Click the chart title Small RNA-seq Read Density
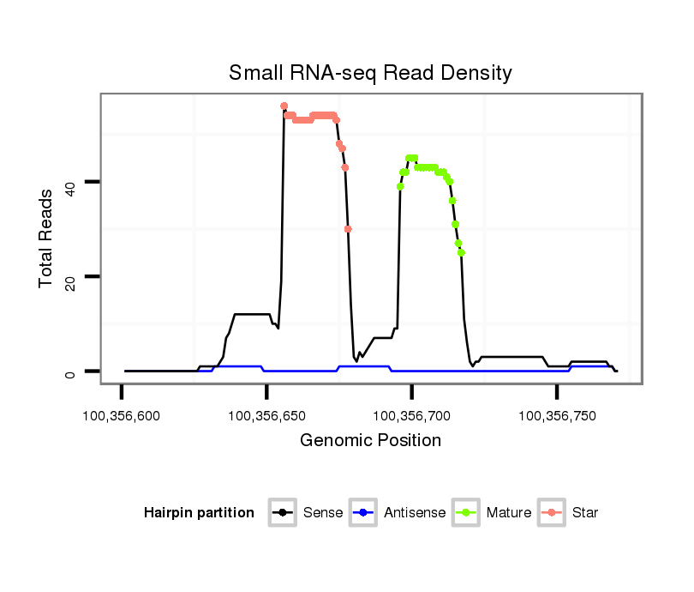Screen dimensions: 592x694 tap(370, 73)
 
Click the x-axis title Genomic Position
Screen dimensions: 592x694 tap(370, 441)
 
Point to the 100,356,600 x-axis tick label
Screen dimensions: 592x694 tap(122, 416)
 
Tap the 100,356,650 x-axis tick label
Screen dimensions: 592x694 tap(266, 416)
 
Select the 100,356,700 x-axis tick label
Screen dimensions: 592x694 tap(412, 416)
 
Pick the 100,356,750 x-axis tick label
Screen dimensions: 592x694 tap(557, 416)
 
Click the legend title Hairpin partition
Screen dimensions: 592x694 tap(199, 513)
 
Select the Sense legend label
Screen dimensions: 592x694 tap(323, 513)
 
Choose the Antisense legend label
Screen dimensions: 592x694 tap(415, 513)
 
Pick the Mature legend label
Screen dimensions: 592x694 tap(508, 513)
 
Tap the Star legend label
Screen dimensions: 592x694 tap(586, 513)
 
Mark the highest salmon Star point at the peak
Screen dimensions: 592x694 tap(284, 106)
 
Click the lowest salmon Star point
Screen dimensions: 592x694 tap(348, 229)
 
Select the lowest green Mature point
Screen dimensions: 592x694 tap(461, 252)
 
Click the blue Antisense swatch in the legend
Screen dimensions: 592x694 tap(364, 513)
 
